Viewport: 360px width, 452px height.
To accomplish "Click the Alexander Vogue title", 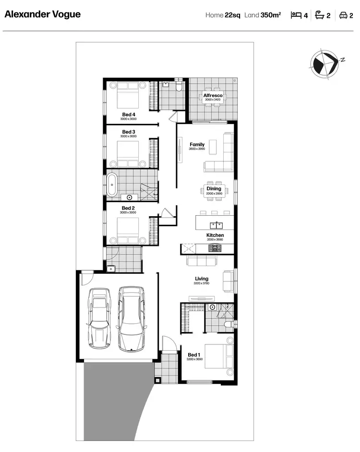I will coord(43,14).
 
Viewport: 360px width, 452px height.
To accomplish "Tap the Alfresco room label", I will coord(213,96).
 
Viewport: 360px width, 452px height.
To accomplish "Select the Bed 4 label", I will coord(129,114).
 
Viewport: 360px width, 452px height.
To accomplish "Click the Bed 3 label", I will coord(129,132).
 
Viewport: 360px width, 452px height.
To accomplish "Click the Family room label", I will coord(197,145).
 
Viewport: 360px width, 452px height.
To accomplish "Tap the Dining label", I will coord(214,189).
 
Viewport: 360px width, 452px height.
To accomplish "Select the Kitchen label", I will coord(202,235).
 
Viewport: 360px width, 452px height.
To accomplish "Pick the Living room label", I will coord(202,279).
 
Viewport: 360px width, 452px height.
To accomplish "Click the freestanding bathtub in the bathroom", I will coord(113,184).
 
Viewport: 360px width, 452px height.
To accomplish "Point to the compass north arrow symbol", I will coord(323,64).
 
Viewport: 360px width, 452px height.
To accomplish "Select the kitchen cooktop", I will coord(215,248).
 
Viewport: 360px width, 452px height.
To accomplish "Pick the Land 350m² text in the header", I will coord(263,15).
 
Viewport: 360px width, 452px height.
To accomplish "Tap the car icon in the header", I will coord(343,15).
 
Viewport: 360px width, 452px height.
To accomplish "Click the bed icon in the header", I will coord(296,15).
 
